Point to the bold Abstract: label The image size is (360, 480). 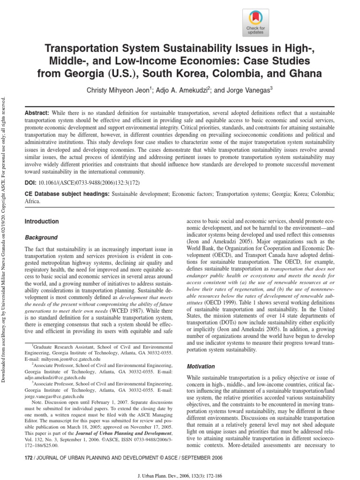pyautogui.click(x=36, y=113)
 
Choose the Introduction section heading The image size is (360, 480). pyautogui.click(x=41, y=221)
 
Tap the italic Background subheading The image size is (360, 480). pyautogui.click(x=41, y=238)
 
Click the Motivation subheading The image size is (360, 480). pyautogui.click(x=201, y=366)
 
